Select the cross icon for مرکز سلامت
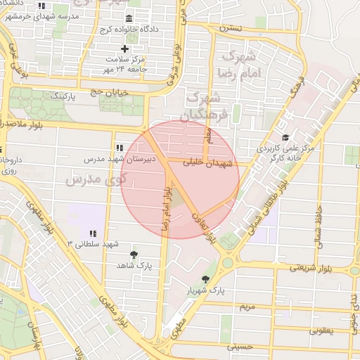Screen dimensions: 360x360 point(125,49)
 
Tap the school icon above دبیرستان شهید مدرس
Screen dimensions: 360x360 point(119,148)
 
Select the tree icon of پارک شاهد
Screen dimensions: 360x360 point(134,254)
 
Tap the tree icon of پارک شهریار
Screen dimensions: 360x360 point(205,279)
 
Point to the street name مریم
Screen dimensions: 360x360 point(247,307)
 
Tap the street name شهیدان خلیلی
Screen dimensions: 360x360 point(203,162)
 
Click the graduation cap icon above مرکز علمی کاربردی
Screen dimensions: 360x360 point(285,137)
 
